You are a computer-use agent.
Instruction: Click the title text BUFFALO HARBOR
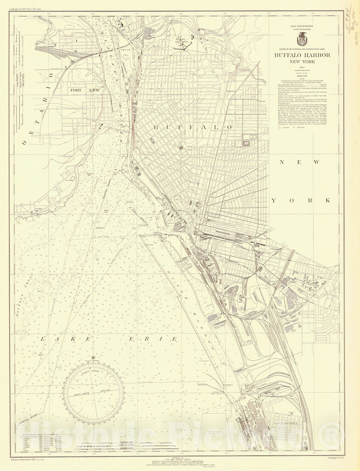[x=302, y=55]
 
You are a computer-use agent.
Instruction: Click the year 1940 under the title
[x=302, y=67]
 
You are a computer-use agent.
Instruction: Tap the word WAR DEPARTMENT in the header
[x=302, y=26]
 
